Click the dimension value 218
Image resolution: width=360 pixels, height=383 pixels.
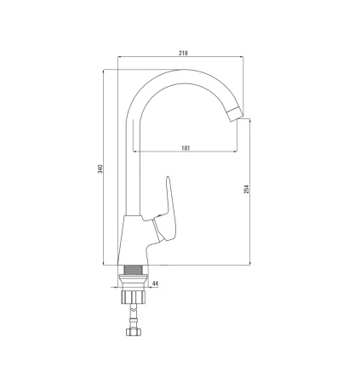pos(183,53)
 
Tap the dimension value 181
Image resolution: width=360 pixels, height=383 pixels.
pos(186,148)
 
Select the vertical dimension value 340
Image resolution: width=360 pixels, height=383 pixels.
pos(100,169)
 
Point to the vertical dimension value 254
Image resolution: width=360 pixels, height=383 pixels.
pos(246,189)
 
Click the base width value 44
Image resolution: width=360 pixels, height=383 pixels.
pos(156,283)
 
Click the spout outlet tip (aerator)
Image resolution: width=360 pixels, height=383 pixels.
pos(235,114)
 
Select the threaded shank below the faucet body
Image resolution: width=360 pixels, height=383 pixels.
pos(133,270)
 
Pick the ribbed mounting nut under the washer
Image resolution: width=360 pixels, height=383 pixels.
pos(133,296)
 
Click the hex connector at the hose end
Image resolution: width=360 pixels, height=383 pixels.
pos(133,332)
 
